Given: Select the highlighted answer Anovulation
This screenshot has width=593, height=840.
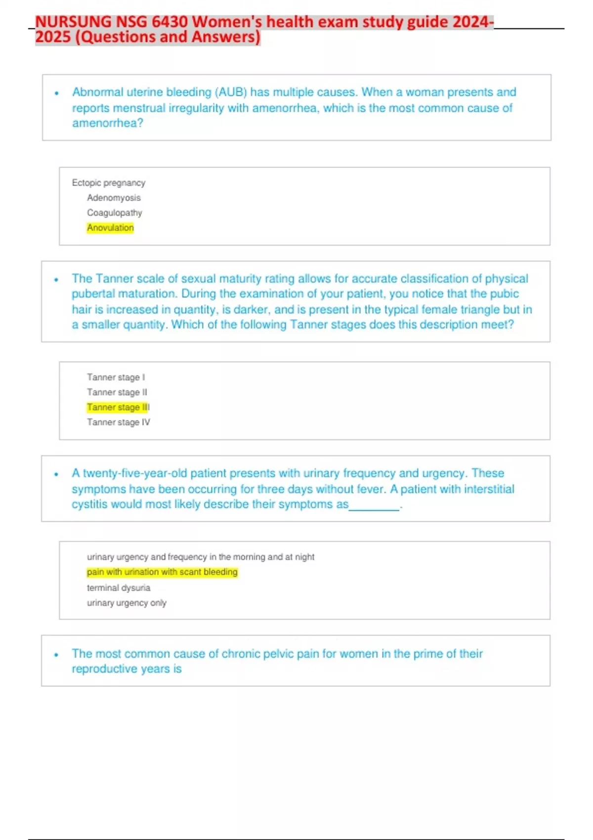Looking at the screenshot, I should coord(110,228).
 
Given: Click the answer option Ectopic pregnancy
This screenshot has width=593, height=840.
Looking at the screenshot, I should coord(109,183).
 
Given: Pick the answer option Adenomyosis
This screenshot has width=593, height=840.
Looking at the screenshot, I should coord(114,198).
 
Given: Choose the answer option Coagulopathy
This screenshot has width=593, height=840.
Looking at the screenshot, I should coord(115,213).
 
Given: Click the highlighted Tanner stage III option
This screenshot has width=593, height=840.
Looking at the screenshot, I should coord(118,407).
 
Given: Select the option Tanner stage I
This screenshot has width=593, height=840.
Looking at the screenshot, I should coord(116,378).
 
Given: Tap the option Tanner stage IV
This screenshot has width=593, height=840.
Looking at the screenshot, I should coord(119,422).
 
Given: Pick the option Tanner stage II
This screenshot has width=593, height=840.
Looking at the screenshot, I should coord(117,392).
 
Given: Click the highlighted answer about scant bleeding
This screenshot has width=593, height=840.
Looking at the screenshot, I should coord(162,572).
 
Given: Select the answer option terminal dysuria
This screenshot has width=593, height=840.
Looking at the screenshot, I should coord(119,588).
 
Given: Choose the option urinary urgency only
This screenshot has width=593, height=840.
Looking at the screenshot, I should coord(127,603).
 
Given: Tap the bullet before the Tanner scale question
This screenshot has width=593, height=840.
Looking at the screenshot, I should coord(56,280).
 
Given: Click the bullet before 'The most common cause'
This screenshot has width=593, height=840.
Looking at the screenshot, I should coord(56,655).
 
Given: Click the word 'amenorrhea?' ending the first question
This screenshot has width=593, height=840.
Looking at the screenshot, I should coord(108,123).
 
